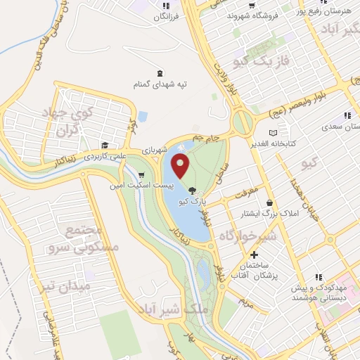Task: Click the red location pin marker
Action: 181,166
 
